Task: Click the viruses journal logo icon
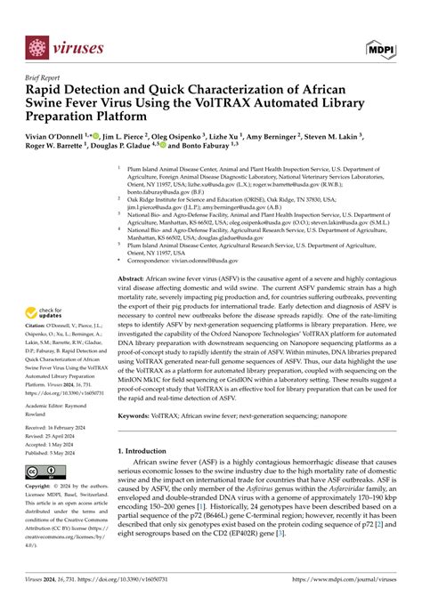click(x=37, y=48)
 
